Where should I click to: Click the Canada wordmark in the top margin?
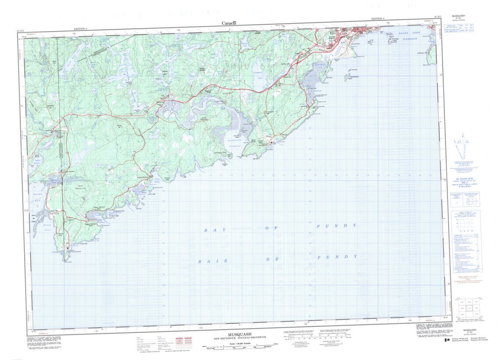(x=229, y=23)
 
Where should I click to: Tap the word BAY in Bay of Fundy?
(x=209, y=231)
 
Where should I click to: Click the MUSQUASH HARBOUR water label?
(x=233, y=143)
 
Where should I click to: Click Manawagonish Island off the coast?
(x=347, y=77)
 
